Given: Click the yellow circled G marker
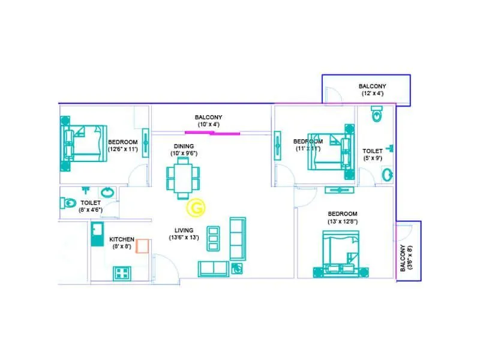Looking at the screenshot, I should tap(195, 208).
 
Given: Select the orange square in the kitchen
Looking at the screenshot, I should tap(142, 246).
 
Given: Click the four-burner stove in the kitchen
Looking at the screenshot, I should tap(122, 273).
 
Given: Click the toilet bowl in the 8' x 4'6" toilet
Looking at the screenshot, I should tap(70, 202).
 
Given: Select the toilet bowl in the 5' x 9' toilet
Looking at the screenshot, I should tap(376, 115).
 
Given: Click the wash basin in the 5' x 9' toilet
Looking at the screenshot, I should tap(388, 175).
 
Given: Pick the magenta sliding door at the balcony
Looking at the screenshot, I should tap(213, 133).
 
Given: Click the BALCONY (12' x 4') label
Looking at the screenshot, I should tap(372, 89).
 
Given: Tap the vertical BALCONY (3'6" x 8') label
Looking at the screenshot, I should tap(406, 257).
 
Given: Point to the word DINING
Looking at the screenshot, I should tap(184, 146).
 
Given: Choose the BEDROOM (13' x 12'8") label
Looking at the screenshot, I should tap(342, 218).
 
